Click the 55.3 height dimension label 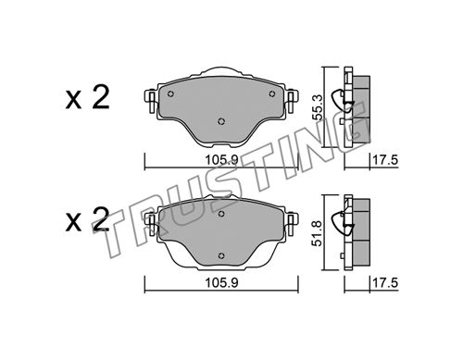click(318, 107)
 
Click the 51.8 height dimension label click(318, 233)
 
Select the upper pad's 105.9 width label click(221, 160)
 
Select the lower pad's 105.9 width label click(221, 282)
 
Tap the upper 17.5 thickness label click(385, 160)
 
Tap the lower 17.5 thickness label click(385, 282)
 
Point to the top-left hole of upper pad click(170, 94)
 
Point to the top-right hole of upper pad click(272, 93)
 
